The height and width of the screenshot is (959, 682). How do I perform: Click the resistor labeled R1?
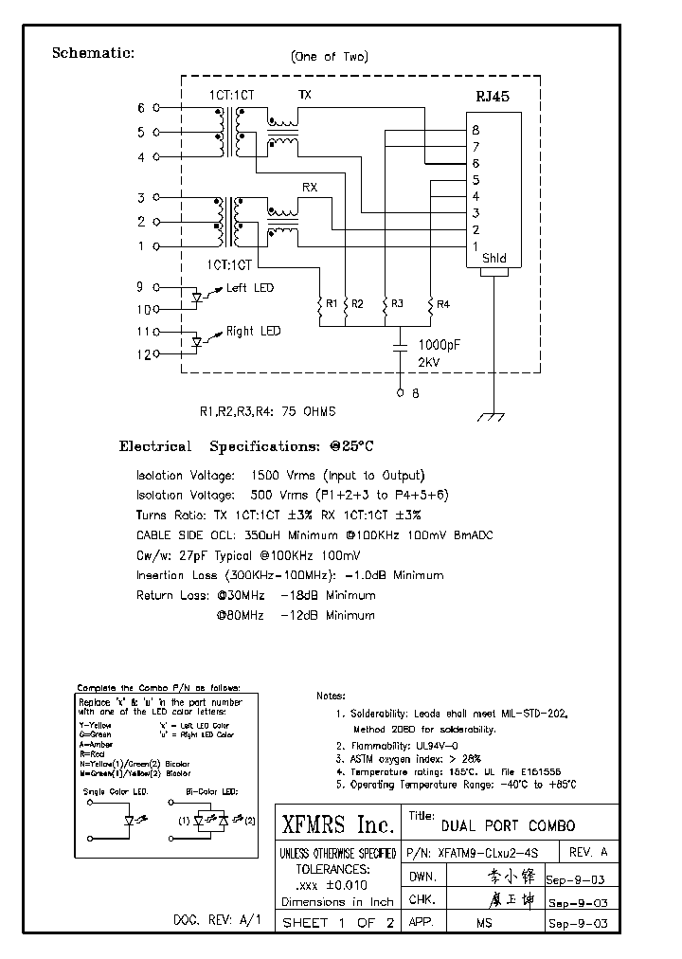(x=319, y=304)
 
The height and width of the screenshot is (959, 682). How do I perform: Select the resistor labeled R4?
(x=431, y=304)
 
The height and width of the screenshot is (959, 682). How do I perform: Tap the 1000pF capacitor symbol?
(x=400, y=350)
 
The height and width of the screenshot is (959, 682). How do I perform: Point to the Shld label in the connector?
(x=494, y=258)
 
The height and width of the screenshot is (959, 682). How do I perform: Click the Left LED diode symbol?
(x=197, y=298)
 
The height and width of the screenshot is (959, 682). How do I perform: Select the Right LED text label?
(x=253, y=331)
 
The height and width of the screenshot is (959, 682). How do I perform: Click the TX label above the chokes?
(x=304, y=96)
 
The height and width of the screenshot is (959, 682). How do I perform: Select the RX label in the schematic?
(x=309, y=188)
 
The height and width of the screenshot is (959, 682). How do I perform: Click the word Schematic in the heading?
(x=93, y=53)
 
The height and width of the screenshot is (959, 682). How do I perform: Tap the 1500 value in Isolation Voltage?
(x=265, y=476)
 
